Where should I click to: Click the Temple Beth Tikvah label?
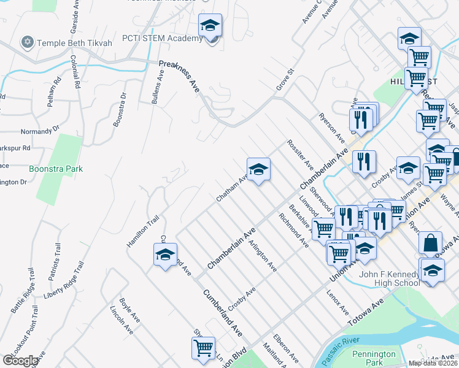tap(74, 43)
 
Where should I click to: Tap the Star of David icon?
tap(26, 42)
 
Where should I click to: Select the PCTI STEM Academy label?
tap(162, 39)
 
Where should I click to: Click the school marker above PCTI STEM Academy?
tap(210, 27)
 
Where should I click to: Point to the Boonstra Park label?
tap(55, 169)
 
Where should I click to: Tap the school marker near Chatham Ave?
tap(258, 170)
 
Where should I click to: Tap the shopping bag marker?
tap(431, 243)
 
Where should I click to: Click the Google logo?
tap(20, 361)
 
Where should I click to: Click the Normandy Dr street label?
tap(38, 130)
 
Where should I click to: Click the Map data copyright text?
tap(433, 363)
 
